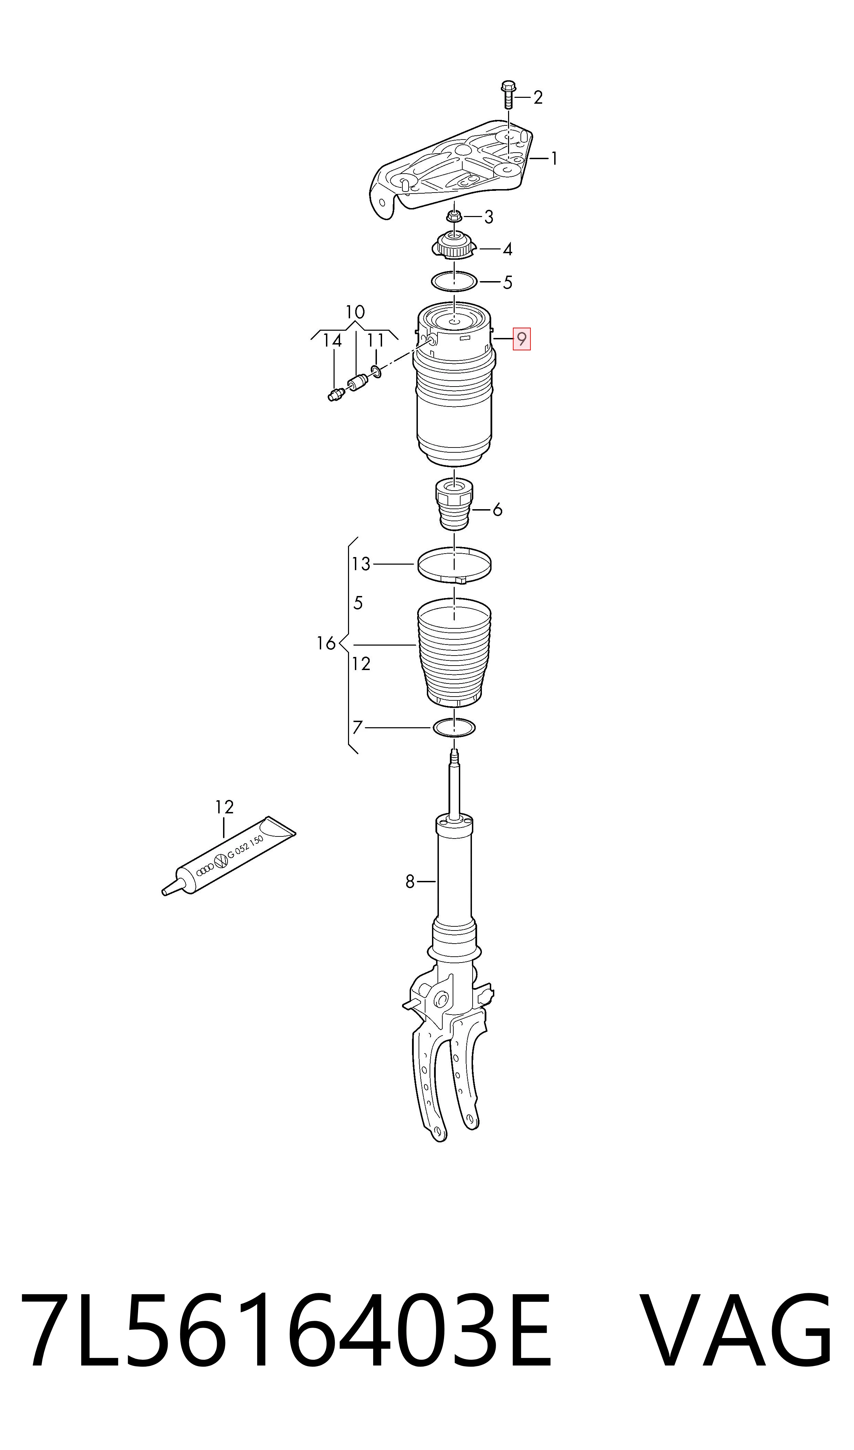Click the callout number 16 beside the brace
tap(326, 642)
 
